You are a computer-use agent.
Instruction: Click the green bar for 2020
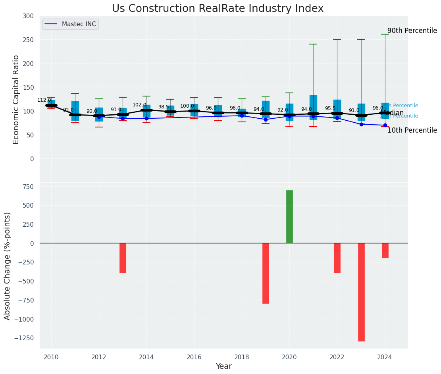coord(289,216)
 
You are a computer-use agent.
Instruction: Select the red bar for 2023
coord(361,292)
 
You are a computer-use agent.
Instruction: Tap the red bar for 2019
coord(266,273)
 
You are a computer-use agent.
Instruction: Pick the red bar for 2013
coord(123,258)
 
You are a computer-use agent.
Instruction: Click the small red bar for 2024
coord(385,251)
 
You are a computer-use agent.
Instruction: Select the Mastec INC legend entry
coord(79,24)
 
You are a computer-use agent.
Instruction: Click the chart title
coord(218,9)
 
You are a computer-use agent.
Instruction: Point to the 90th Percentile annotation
coord(412,31)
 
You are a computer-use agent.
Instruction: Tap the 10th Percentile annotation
coord(412,130)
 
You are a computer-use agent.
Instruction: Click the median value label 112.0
coord(44,100)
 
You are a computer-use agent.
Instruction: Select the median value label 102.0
coord(139,105)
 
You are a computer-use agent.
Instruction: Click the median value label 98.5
coord(164,107)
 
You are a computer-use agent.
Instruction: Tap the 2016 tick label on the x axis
coord(194,357)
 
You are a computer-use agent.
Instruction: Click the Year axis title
coord(224,366)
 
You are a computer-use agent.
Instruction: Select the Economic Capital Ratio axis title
coord(16,99)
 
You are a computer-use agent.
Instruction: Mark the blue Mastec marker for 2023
coord(361,124)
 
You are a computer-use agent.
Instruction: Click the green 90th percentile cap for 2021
coord(313,44)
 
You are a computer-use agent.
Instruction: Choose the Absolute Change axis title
coord(8,266)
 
